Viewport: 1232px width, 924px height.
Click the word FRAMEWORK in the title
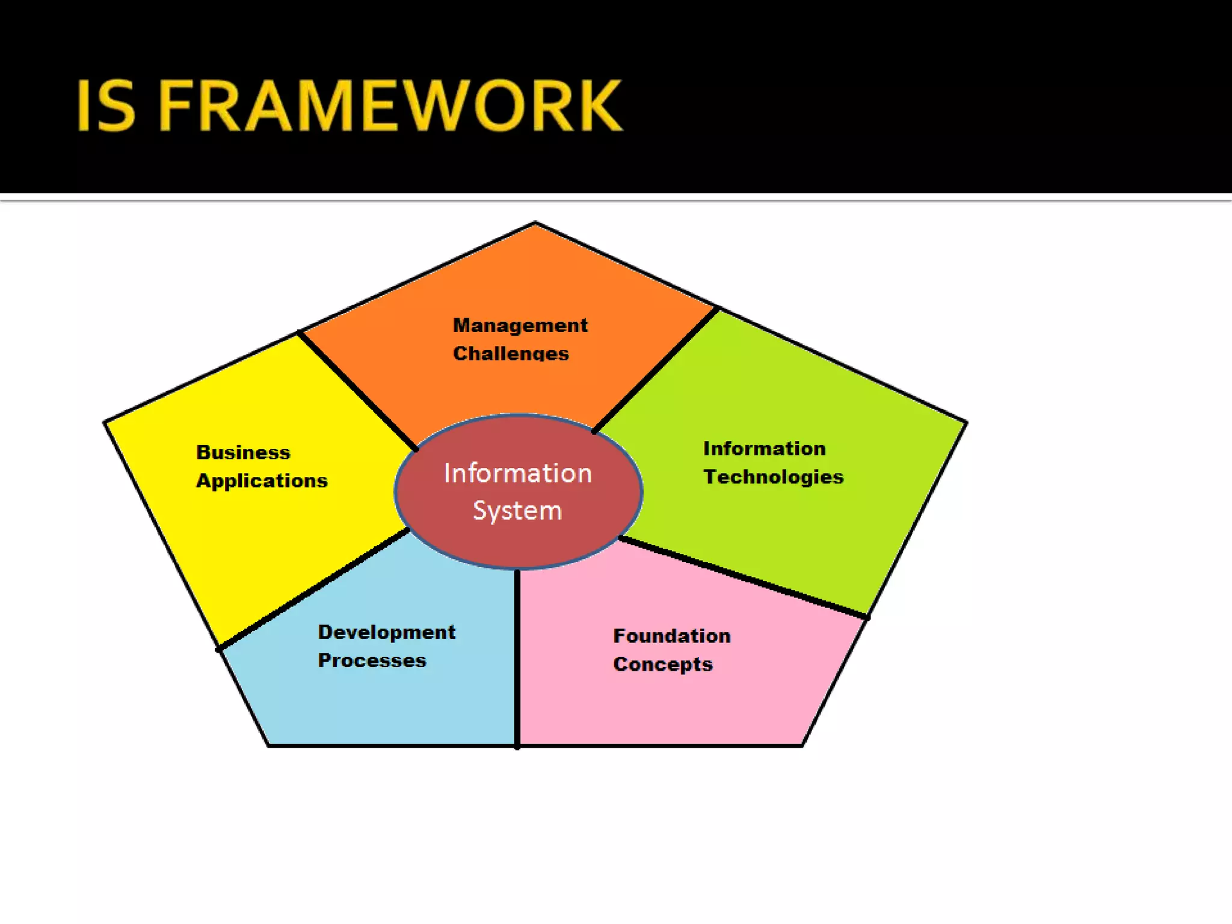coord(390,106)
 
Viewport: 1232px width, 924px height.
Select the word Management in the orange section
coord(520,325)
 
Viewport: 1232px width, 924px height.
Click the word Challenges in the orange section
coord(511,353)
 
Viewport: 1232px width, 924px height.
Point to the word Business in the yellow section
coord(243,452)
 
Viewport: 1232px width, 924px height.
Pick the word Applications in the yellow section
coord(262,481)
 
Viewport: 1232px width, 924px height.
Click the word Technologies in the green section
coord(774,477)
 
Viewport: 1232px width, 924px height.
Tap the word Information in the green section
coord(764,449)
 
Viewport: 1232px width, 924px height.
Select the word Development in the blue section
coord(386,632)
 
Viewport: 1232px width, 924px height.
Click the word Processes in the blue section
coord(372,661)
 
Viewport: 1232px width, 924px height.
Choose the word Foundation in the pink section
coord(672,636)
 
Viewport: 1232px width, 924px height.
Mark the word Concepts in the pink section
coord(663,664)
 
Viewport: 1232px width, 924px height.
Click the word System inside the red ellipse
coord(517,511)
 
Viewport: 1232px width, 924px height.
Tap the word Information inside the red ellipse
coord(518,473)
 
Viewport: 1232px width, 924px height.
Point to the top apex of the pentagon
coord(535,223)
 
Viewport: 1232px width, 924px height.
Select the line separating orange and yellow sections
coord(357,390)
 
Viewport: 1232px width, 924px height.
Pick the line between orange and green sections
coord(655,369)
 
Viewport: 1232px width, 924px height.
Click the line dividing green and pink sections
coord(744,577)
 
